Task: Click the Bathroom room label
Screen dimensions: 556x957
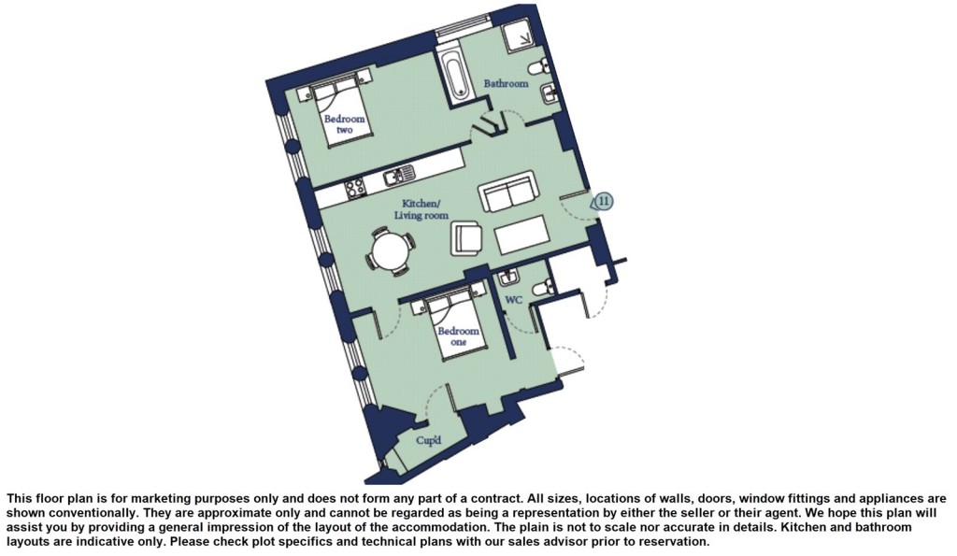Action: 506,84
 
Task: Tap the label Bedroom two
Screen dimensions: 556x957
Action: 338,124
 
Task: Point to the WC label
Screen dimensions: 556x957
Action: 513,301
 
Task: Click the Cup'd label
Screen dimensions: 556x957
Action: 428,439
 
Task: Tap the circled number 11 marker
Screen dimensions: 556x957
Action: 605,201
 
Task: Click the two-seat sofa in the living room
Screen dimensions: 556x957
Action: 507,192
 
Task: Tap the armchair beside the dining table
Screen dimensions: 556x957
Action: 467,237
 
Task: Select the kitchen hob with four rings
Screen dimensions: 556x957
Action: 355,187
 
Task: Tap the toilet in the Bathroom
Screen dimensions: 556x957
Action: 539,67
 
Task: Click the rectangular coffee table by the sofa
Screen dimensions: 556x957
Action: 521,235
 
